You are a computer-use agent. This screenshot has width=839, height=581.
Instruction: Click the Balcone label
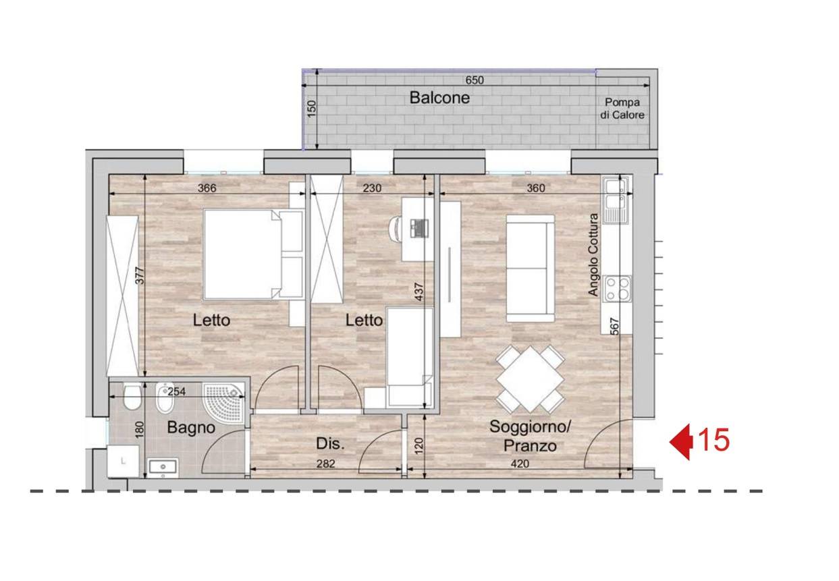[439, 98]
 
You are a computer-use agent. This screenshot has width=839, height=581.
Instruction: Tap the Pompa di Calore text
[622, 108]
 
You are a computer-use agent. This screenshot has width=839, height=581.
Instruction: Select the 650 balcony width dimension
[475, 80]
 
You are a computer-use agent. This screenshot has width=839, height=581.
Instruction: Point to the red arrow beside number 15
[681, 442]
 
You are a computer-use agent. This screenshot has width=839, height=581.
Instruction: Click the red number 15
[714, 440]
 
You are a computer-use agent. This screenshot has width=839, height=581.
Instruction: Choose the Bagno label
[191, 427]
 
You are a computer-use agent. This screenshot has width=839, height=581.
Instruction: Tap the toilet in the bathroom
[132, 396]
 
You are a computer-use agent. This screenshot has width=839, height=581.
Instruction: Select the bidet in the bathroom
[165, 398]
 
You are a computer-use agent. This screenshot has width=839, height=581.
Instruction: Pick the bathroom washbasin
[163, 468]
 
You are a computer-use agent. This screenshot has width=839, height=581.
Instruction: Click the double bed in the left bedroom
[253, 254]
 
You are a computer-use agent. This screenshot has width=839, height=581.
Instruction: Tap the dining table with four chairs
[530, 379]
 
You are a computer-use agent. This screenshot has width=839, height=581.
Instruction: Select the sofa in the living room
[531, 269]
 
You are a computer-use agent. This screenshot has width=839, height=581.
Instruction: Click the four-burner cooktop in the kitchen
[617, 289]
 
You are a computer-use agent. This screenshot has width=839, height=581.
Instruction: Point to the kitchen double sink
[616, 201]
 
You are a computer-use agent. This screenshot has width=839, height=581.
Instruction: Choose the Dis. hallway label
[330, 443]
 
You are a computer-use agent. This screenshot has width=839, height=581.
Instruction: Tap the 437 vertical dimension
[419, 292]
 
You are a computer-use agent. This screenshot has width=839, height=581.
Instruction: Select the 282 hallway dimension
[325, 464]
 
